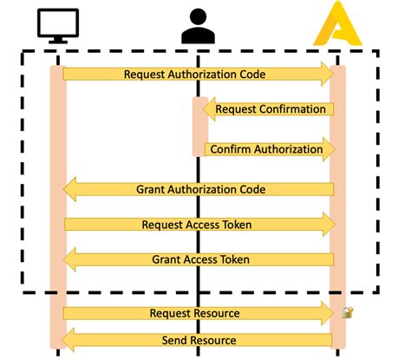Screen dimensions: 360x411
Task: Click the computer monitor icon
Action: (58, 26)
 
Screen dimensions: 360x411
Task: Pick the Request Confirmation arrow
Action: (269, 109)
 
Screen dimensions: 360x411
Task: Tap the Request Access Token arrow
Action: (198, 225)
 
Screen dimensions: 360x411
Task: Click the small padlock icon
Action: (347, 312)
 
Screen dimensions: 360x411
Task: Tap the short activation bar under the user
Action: (199, 127)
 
